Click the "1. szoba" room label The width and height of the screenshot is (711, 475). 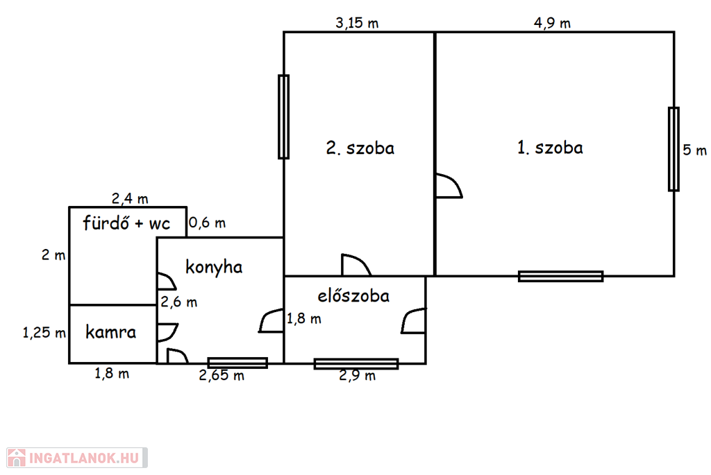click(550, 148)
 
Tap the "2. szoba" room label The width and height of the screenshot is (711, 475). click(360, 148)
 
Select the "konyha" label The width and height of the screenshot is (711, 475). click(214, 267)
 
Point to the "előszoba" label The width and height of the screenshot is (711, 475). click(353, 296)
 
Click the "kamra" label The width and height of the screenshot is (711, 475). click(111, 332)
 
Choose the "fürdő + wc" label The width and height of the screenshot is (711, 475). click(126, 223)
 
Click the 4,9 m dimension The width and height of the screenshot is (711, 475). click(552, 23)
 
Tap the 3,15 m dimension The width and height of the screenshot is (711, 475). click(357, 23)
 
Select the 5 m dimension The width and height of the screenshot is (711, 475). click(694, 150)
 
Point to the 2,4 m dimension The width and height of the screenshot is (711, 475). click(130, 199)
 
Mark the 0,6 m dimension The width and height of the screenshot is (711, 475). click(208, 223)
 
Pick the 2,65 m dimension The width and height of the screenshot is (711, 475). click(221, 376)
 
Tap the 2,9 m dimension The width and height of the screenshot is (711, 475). click(357, 376)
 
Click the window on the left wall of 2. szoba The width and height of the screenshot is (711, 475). click(283, 116)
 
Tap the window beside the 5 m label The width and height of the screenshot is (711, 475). click(674, 149)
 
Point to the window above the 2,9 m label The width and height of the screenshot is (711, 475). click(356, 363)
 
